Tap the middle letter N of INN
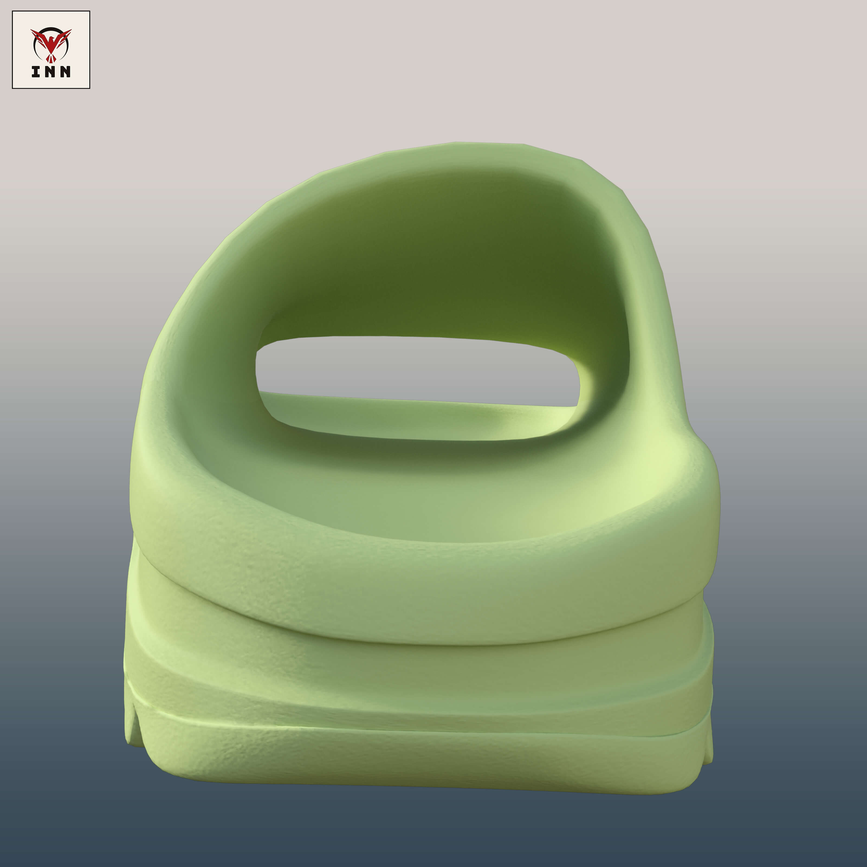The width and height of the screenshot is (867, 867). (x=50, y=72)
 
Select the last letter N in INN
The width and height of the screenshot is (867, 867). (x=65, y=72)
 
